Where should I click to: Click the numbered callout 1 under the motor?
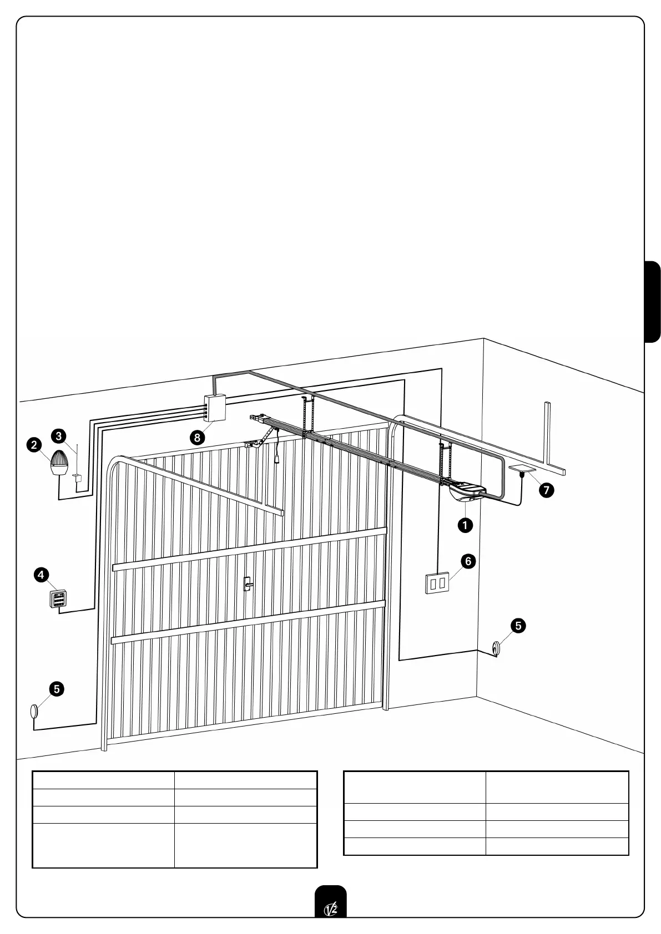coord(465,525)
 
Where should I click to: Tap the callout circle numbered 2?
coord(34,444)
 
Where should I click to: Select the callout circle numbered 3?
coord(59,435)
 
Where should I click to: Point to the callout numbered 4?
coord(41,575)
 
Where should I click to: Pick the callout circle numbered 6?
coord(468,561)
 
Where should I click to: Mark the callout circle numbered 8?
coord(197,437)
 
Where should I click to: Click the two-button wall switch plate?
coord(437,583)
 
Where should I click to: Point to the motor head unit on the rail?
coord(468,492)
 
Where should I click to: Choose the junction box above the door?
coord(214,408)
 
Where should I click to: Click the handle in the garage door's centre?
coord(248,583)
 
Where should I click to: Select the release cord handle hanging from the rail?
coord(276,458)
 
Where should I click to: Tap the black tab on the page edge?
coord(653,302)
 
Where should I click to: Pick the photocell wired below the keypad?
coord(34,711)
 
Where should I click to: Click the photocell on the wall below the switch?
coord(496,648)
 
